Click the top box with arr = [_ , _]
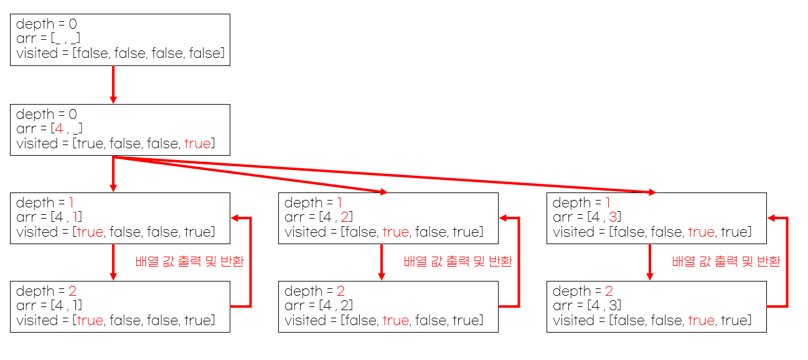coord(120,39)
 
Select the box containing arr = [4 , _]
coord(120,130)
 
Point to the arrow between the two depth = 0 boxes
coord(113,85)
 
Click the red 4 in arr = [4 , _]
coord(59,130)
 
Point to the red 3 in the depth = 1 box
coord(615,217)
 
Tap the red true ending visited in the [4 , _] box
coord(197,144)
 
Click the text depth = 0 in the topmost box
coord(47,25)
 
